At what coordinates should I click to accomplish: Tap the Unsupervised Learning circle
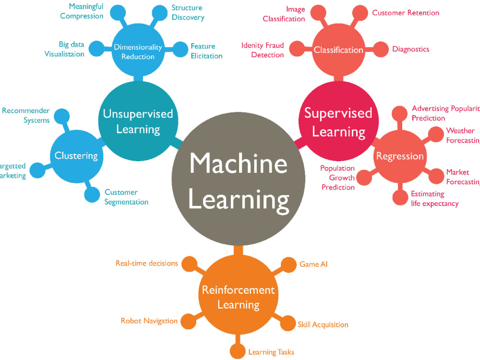point(138,121)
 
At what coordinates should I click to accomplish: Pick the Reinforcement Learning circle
point(238,297)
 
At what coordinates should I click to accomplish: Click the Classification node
point(338,50)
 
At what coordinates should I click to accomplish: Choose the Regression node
point(400,156)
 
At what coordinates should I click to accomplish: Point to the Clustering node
point(76,155)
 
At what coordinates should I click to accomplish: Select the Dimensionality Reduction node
point(138,51)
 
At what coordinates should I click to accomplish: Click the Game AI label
point(313,264)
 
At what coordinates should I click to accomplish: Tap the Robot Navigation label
point(149,321)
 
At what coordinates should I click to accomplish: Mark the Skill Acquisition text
point(323,324)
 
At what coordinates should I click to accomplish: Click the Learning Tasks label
point(271,352)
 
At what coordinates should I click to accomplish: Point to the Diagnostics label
point(410,49)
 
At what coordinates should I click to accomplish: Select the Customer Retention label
point(406,13)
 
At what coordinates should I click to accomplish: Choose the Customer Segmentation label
point(126,197)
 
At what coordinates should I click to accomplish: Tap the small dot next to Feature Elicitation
point(180,49)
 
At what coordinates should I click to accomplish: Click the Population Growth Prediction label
point(338,178)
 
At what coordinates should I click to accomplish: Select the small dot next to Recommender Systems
point(61,116)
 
